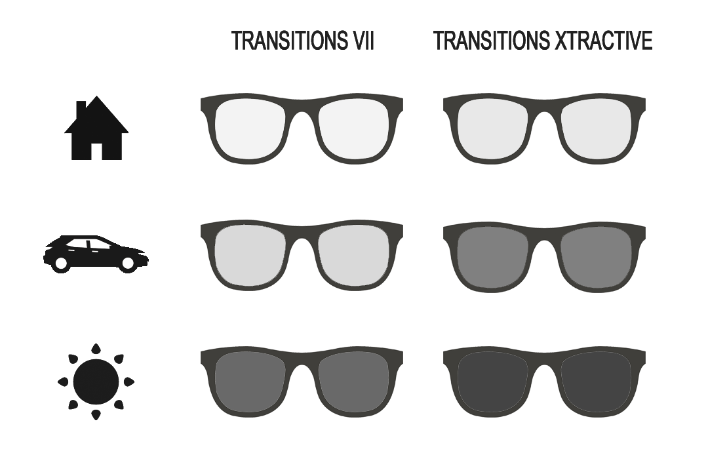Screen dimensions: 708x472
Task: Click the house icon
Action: pos(96,128)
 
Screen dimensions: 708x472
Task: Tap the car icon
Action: pos(96,254)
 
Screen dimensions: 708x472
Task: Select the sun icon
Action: pos(96,382)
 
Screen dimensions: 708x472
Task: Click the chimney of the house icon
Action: pos(82,108)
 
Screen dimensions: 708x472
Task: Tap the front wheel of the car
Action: pos(128,263)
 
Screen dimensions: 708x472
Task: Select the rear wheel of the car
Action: pos(61,263)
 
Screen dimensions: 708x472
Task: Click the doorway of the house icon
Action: pos(96,151)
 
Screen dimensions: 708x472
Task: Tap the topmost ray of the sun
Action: pos(96,349)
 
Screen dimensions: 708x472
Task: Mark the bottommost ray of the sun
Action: pos(96,415)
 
